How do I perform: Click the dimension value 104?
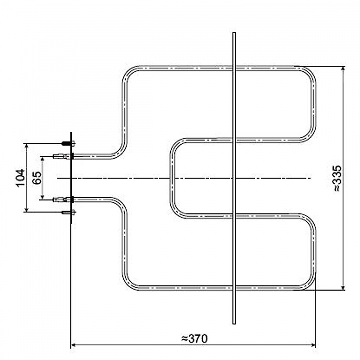[x=21, y=178]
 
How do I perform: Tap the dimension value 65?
[x=37, y=178]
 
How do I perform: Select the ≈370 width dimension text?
[x=194, y=338]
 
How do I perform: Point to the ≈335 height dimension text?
[x=337, y=178]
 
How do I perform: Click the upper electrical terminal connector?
[x=62, y=156]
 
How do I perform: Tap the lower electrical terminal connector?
[x=62, y=199]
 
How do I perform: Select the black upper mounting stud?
[x=68, y=143]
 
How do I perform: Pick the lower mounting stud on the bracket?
[x=68, y=212]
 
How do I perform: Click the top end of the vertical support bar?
[x=234, y=33]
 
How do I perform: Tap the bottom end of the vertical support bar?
[x=234, y=323]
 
